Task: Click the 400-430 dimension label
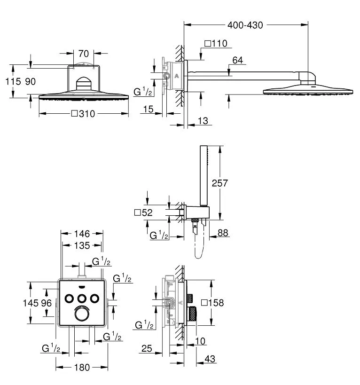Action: pos(245,25)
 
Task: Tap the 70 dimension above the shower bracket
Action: pos(84,54)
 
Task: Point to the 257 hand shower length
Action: pos(219,183)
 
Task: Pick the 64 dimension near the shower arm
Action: pos(237,60)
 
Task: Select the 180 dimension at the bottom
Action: pos(82,367)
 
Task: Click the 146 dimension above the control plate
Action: pos(82,234)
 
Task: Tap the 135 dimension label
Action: pos(82,245)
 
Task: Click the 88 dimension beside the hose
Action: pos(223,233)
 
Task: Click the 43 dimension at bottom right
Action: pos(210,359)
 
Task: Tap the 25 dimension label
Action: pos(147,348)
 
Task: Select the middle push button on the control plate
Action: pos(82,299)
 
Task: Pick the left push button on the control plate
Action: pos(69,299)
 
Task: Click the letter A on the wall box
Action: pos(177,76)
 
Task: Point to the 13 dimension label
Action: pos(203,120)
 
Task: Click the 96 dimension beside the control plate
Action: pos(46,303)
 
